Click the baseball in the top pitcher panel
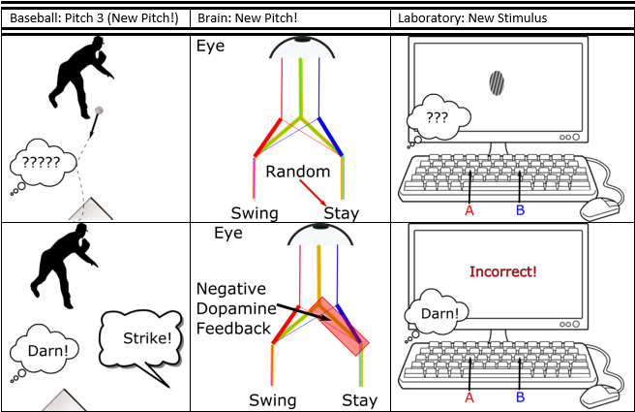tap(98, 111)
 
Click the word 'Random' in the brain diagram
tap(298, 172)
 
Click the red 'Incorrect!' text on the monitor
tap(502, 271)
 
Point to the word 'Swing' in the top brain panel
tap(255, 213)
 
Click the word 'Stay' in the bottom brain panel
tap(359, 399)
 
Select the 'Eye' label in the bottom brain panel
tap(228, 234)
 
